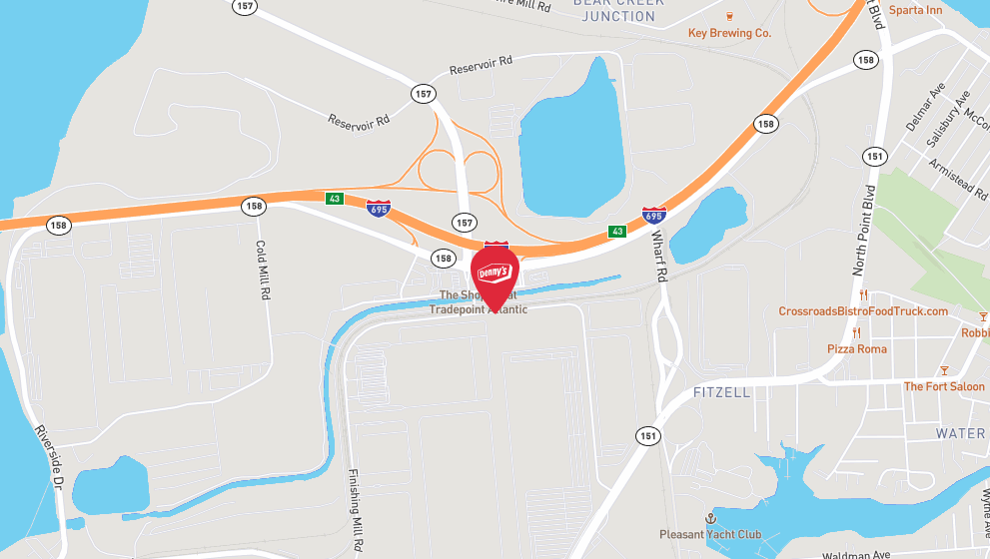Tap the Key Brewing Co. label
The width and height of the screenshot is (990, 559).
click(729, 33)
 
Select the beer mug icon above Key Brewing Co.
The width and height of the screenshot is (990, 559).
click(729, 15)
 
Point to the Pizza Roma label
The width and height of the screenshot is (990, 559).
click(856, 348)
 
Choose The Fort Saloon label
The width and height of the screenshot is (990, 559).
click(944, 386)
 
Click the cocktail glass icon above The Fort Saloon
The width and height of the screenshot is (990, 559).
click(945, 370)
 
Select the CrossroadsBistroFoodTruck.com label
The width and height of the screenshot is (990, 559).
click(863, 311)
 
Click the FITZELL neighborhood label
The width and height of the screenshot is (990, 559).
click(721, 392)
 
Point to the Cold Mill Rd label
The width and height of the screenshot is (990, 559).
click(264, 271)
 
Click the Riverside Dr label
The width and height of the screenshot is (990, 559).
click(48, 455)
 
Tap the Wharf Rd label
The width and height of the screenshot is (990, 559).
click(658, 255)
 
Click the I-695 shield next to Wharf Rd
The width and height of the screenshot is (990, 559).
click(653, 216)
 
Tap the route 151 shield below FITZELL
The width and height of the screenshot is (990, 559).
click(647, 435)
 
